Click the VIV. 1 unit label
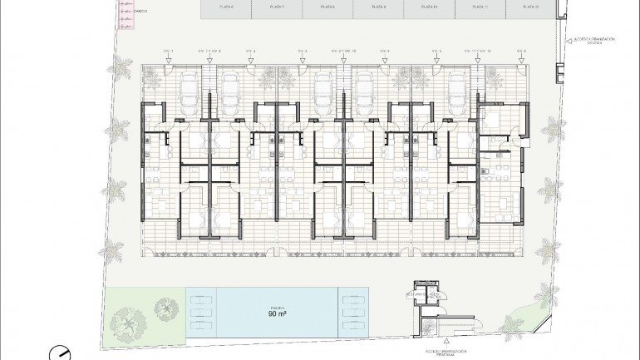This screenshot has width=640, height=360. point(168,52)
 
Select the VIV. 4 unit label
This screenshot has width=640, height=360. point(385,52)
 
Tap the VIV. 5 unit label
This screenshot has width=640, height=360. point(436,52)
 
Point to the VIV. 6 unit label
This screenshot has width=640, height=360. point(522,52)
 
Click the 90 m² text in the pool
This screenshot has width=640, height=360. point(278,315)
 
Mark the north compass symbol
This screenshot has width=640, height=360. point(60,353)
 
